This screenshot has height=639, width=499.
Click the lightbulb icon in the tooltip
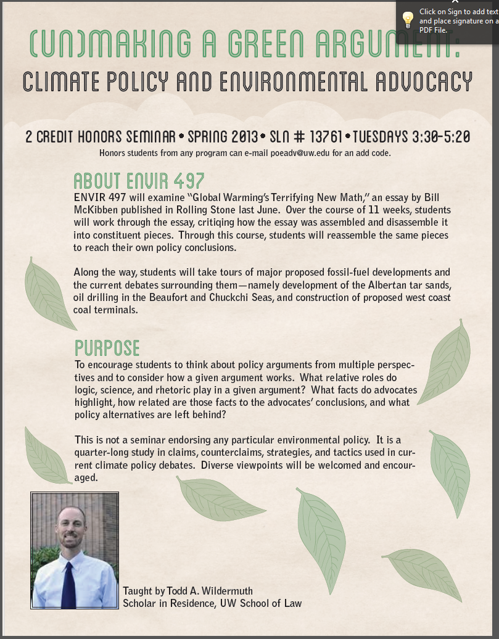(x=408, y=20)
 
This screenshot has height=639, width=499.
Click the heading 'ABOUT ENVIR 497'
(x=139, y=181)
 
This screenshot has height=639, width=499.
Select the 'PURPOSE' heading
(x=107, y=348)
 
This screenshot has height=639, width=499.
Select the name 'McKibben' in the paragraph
(x=96, y=209)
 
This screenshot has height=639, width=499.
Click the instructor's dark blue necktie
(x=68, y=582)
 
